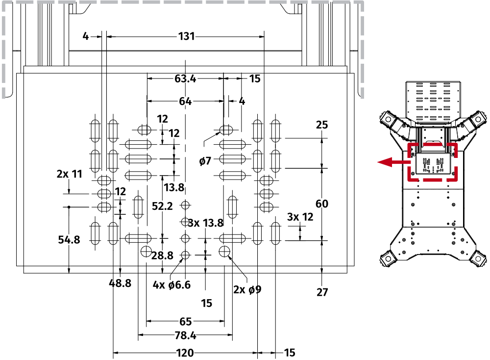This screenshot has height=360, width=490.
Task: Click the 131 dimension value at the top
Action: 186,36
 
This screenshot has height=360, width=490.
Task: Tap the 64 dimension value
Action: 185,102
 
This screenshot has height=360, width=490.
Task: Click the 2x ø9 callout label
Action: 247,289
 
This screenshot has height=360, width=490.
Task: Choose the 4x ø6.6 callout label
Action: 171,284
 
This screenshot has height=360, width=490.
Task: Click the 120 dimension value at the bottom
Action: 185,353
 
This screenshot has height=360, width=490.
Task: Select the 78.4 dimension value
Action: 185,336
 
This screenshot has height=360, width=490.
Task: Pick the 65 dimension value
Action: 185,322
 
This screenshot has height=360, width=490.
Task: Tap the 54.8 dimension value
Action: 69,239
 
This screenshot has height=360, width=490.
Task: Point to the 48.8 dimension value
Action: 120,283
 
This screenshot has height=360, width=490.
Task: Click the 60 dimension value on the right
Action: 322,204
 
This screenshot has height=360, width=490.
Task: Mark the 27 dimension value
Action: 322,292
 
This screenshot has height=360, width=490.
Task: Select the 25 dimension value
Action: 322,125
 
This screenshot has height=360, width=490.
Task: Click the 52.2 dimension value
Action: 162,206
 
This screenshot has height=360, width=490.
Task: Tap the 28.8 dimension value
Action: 162,255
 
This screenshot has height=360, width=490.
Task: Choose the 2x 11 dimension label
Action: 69,174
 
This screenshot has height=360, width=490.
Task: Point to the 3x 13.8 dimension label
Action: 206,223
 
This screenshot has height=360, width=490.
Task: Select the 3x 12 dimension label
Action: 300,216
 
